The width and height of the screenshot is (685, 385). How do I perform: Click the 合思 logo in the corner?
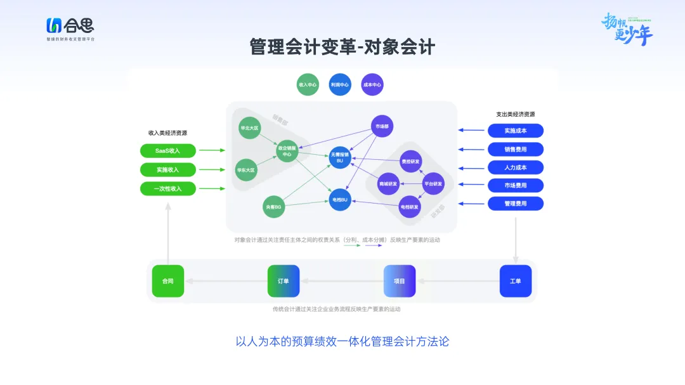pyautogui.click(x=70, y=27)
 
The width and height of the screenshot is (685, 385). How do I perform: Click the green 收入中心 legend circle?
pyautogui.click(x=308, y=84)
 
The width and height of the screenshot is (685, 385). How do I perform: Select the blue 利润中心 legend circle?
pyautogui.click(x=340, y=84)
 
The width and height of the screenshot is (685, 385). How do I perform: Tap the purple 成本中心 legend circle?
pyautogui.click(x=372, y=84)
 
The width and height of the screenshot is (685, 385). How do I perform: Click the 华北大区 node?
pyautogui.click(x=249, y=127)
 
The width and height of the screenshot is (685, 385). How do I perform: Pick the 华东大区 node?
pyautogui.click(x=246, y=170)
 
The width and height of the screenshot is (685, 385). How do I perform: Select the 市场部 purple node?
pyautogui.click(x=382, y=127)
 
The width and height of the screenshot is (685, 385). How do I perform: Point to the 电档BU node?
pyautogui.click(x=340, y=200)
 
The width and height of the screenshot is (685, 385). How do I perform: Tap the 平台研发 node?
pyautogui.click(x=434, y=184)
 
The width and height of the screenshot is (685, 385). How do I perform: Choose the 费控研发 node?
pyautogui.click(x=410, y=162)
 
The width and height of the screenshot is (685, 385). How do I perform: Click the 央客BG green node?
pyautogui.click(x=274, y=207)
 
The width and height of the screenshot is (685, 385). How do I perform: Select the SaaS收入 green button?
pyautogui.click(x=168, y=151)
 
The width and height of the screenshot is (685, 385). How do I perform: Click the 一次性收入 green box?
pyautogui.click(x=168, y=188)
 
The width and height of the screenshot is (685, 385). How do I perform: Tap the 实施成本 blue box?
pyautogui.click(x=515, y=131)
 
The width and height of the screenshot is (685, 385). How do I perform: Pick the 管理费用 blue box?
pyautogui.click(x=515, y=204)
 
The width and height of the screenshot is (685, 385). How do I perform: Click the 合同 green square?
pyautogui.click(x=168, y=281)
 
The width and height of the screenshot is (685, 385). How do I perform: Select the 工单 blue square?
pyautogui.click(x=515, y=281)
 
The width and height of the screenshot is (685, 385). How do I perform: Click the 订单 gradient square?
pyautogui.click(x=284, y=281)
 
